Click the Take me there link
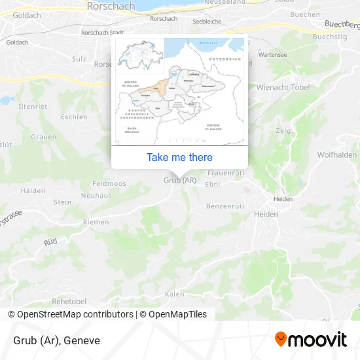(179, 157)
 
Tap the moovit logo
(311, 340)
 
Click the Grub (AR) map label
(180, 180)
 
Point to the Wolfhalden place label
(336, 155)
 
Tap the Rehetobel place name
(69, 301)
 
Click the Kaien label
(175, 294)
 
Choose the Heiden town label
(266, 214)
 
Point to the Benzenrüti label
(225, 206)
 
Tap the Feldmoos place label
(109, 184)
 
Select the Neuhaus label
(96, 195)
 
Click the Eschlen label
(74, 117)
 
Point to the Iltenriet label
(33, 106)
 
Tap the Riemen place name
(96, 222)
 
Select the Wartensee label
(274, 56)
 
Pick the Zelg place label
(283, 131)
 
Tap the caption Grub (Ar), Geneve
(56, 340)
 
